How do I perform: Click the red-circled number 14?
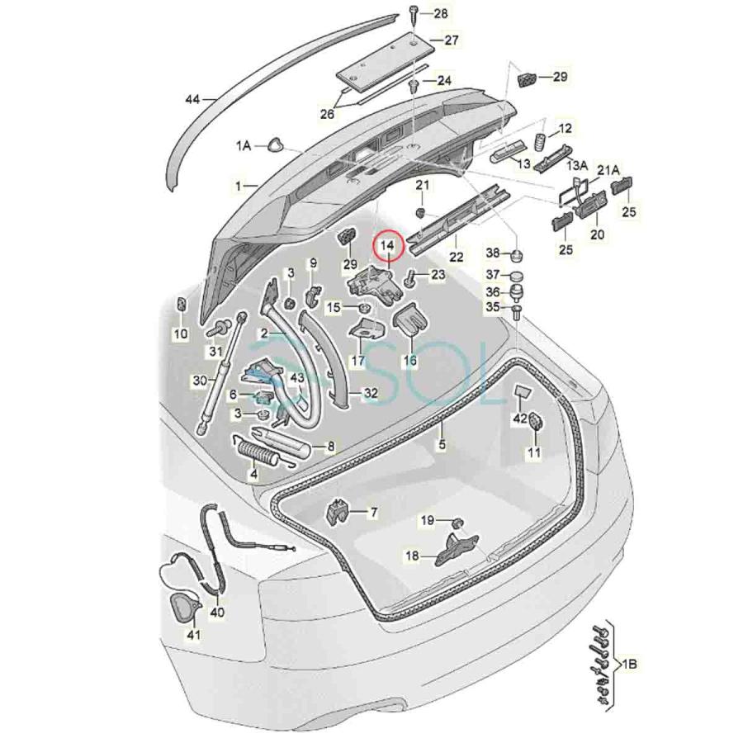point(387,246)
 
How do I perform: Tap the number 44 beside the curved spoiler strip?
point(192,100)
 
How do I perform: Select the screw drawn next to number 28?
point(412,12)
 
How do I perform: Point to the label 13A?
point(576,166)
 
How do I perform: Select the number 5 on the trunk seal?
point(442,445)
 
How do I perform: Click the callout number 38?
point(493,253)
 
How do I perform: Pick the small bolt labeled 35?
point(517,311)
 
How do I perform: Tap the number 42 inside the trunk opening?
point(519,419)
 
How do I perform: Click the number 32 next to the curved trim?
point(371,394)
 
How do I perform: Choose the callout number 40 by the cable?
point(216,613)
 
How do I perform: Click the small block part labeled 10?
point(181,310)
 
